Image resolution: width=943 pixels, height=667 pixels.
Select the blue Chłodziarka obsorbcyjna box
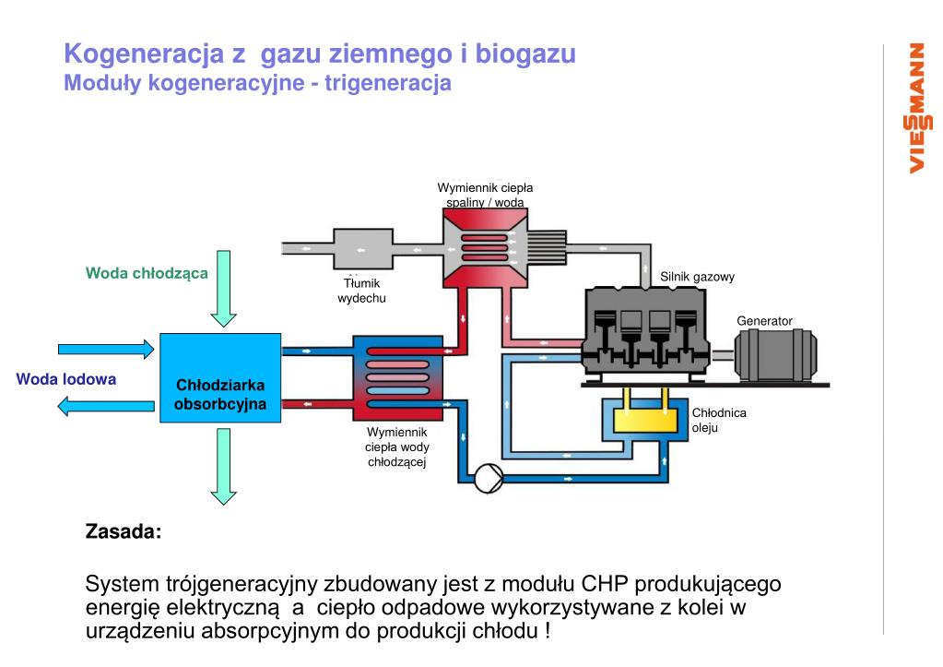click(220, 377)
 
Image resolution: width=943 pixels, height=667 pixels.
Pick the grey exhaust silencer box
click(360, 249)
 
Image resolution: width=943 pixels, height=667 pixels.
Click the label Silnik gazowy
click(697, 277)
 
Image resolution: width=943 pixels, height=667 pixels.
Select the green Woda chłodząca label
click(147, 273)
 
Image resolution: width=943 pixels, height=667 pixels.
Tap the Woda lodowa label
click(66, 379)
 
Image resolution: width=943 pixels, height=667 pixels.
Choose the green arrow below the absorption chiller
click(223, 467)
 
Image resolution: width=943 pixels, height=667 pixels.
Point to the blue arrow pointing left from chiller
click(105, 405)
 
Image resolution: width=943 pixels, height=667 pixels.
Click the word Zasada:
click(123, 531)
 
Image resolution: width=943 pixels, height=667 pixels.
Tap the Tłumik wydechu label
click(361, 291)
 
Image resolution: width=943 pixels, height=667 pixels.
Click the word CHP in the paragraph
click(606, 585)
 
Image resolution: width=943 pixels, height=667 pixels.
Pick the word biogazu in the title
click(525, 54)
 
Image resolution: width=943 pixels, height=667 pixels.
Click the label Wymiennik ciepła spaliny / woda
click(485, 195)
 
